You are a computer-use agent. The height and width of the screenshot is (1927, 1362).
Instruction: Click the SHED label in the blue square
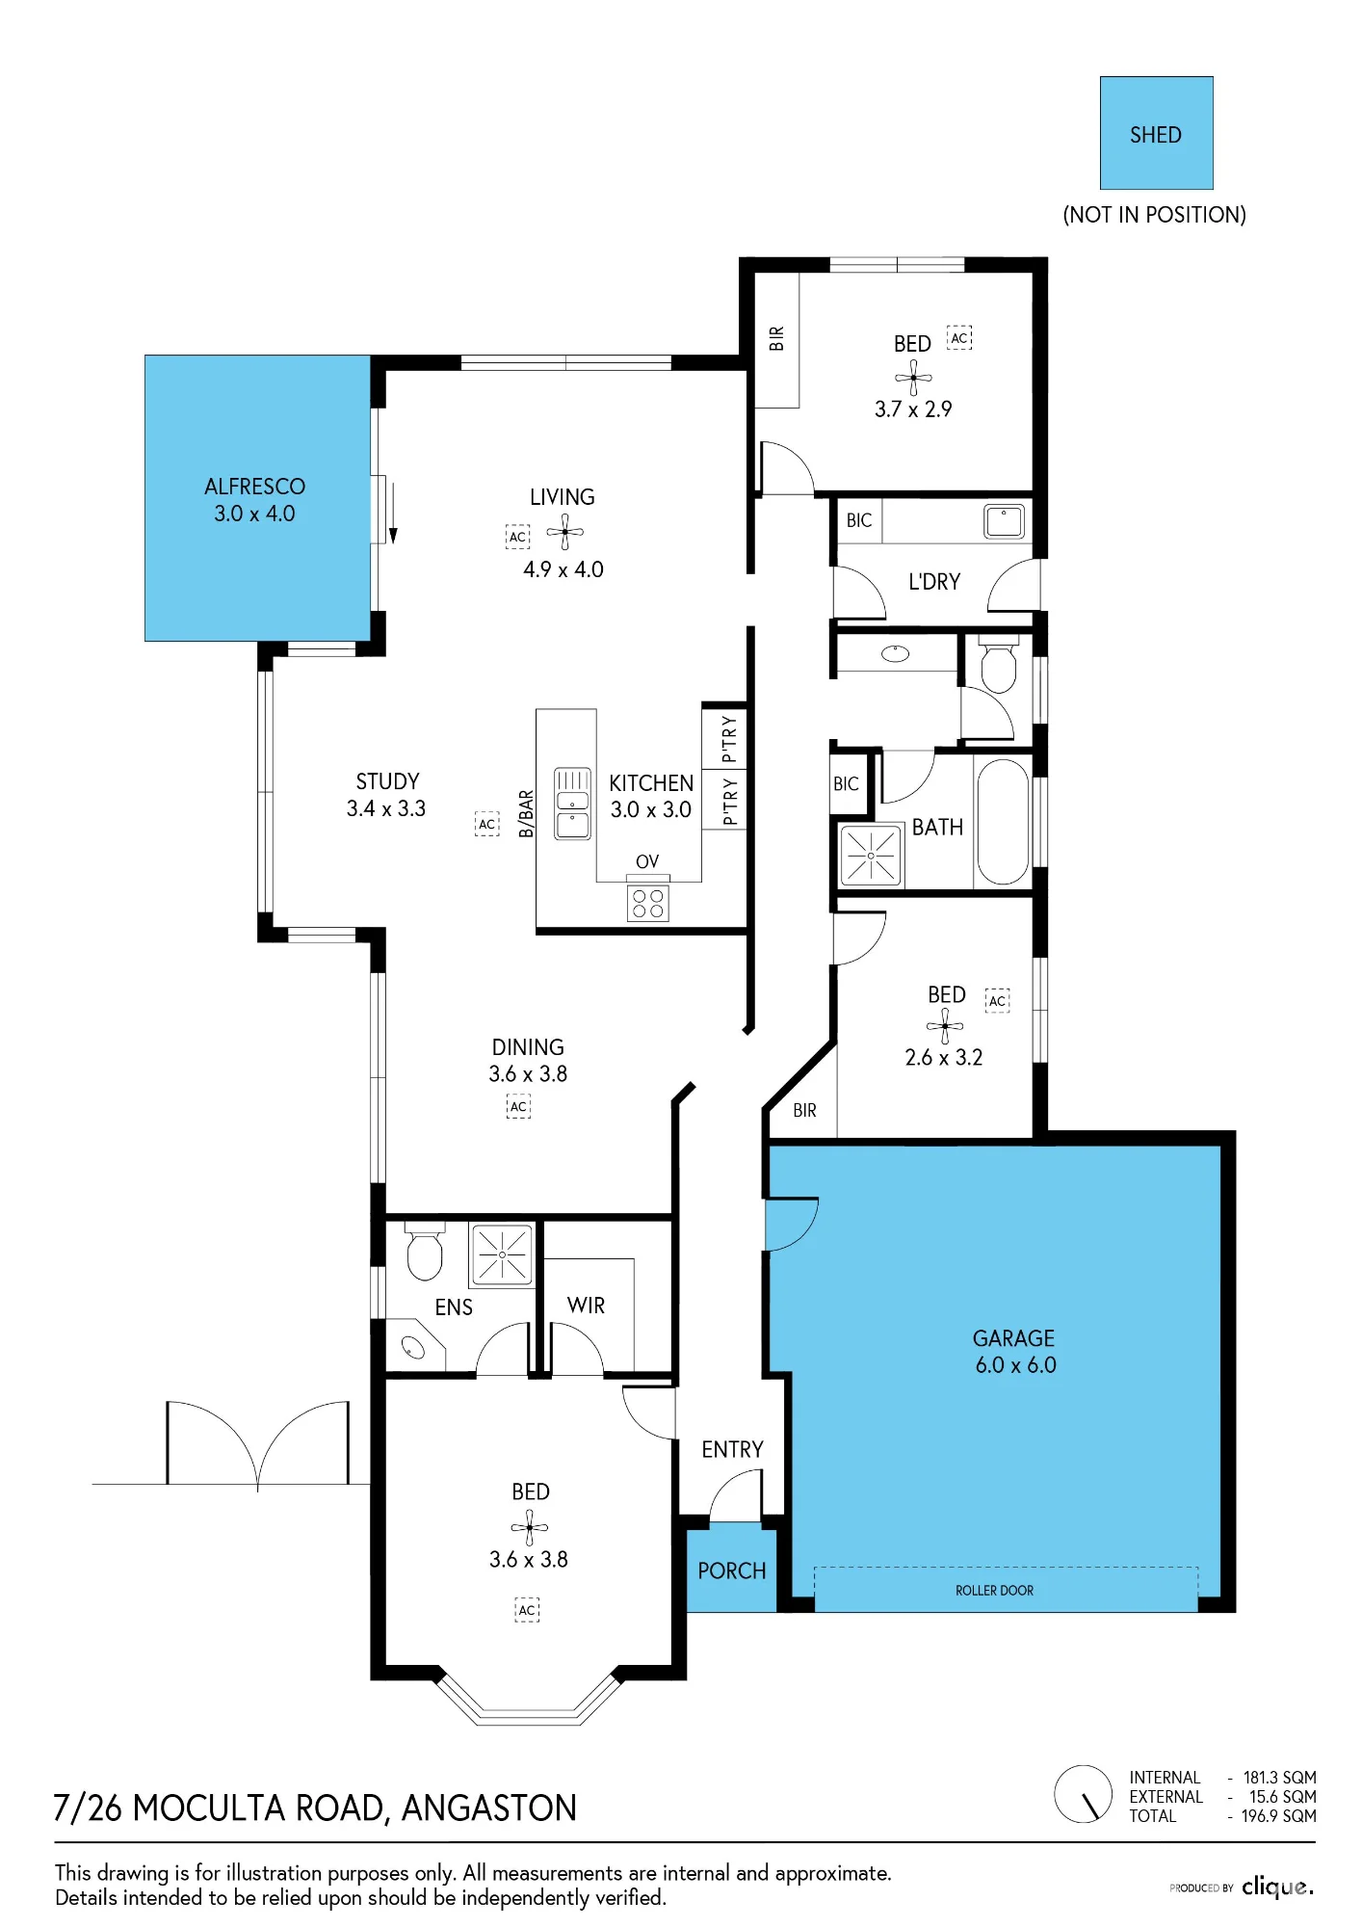point(1155,135)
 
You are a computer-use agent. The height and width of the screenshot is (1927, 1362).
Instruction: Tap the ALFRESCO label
point(254,487)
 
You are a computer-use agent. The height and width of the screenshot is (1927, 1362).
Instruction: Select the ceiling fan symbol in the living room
point(565,532)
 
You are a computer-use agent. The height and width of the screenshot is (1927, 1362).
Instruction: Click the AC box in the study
point(487,824)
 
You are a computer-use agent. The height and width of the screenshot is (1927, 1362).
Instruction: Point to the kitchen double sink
point(572,804)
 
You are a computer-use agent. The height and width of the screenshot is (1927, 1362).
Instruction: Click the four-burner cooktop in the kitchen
point(647,903)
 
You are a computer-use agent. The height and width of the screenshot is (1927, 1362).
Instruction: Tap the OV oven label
point(647,861)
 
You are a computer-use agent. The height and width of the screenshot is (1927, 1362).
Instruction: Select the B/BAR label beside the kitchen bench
point(526,814)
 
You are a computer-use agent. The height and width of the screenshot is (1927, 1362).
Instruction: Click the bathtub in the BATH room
point(1003,822)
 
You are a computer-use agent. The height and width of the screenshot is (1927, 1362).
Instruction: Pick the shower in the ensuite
point(502,1254)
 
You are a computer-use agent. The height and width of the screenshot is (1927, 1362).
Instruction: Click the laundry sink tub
point(1004,521)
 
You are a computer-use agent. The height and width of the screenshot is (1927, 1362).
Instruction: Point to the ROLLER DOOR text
point(994,1591)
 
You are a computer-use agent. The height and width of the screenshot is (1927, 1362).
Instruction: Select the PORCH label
point(732,1571)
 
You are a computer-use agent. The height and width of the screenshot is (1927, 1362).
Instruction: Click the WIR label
point(586,1306)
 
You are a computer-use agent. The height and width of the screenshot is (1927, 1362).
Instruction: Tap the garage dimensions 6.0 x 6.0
point(1015,1365)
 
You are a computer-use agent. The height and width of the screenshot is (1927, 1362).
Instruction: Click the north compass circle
point(1084,1794)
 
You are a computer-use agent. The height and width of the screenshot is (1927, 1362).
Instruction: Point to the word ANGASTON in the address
point(488,1808)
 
